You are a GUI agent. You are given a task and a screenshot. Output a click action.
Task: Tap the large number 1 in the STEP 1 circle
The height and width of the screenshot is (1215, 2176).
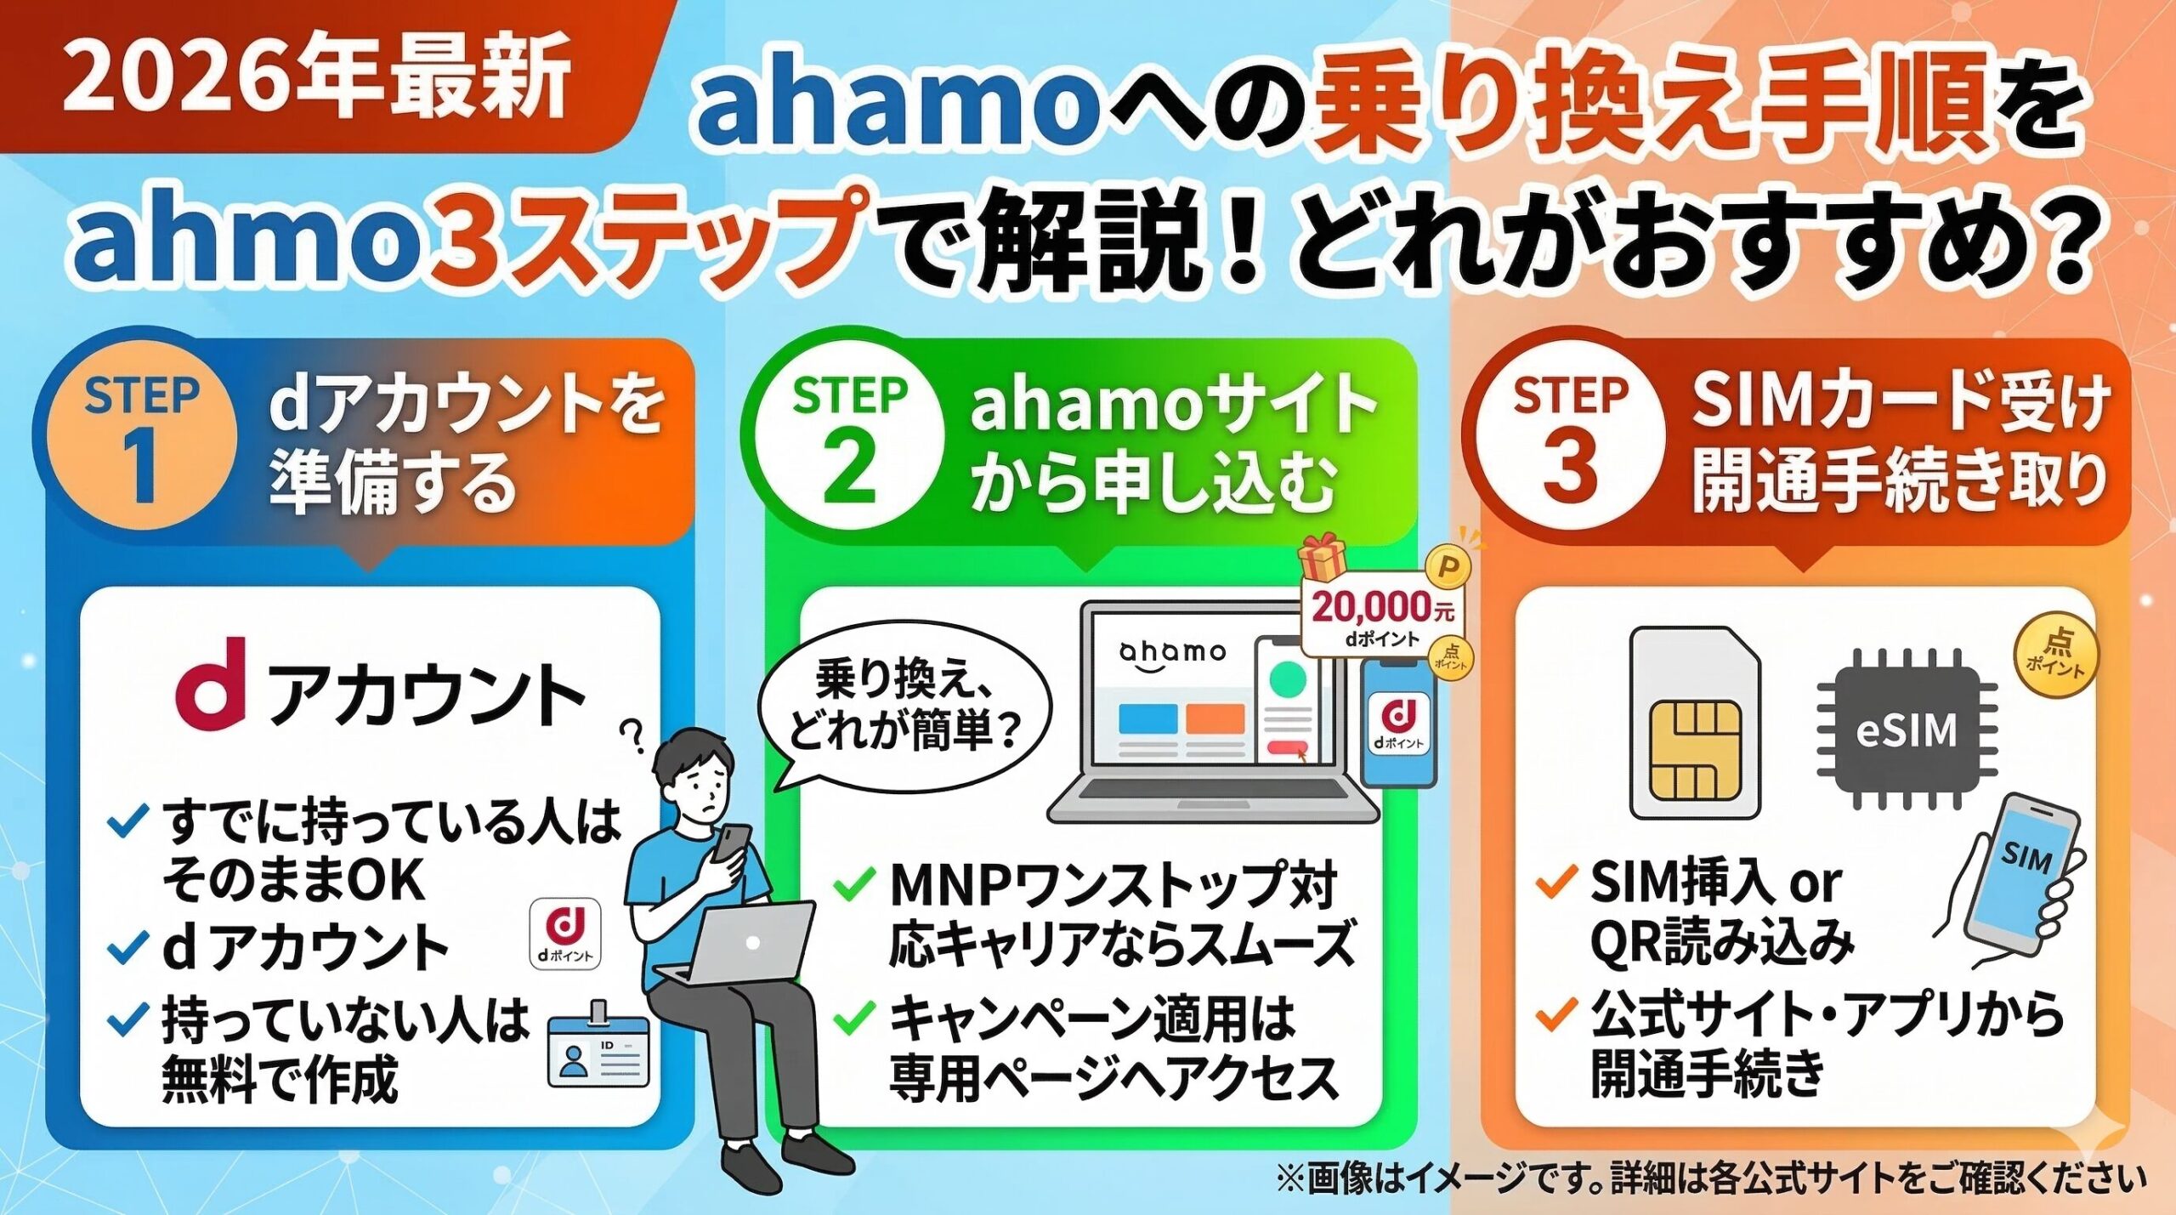142,465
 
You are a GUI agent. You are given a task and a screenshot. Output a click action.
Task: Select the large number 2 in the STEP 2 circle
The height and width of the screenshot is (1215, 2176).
849,466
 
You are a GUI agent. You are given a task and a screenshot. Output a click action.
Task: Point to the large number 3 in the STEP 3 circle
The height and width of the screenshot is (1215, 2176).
1569,466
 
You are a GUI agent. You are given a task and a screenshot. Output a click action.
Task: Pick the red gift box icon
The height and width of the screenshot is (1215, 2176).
1323,556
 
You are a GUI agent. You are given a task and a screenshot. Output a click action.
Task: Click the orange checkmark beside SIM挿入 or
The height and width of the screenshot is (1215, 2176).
1557,881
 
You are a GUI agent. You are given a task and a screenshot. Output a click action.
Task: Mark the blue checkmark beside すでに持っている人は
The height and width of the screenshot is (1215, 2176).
129,821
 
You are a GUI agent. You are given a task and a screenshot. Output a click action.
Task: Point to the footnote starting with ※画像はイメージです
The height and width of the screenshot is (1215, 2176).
1710,1179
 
